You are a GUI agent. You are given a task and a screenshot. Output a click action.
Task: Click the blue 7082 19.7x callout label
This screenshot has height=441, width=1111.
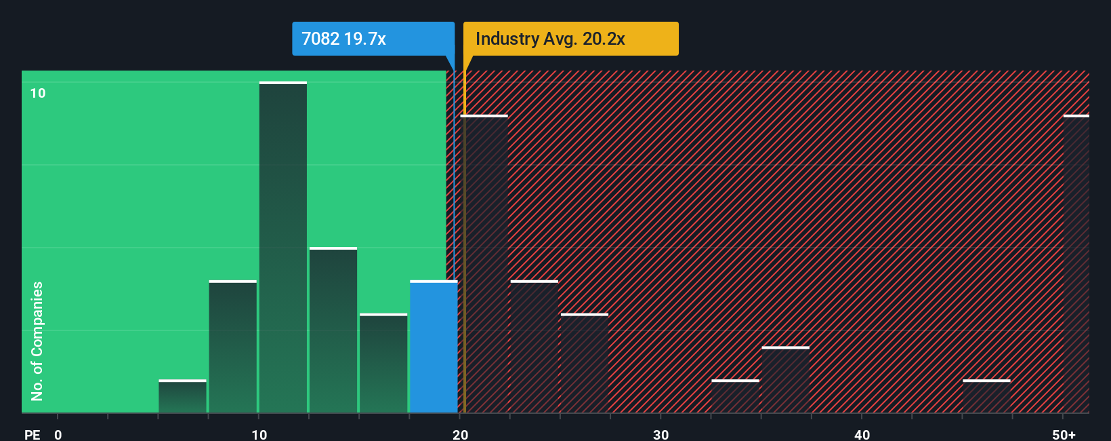click(x=373, y=39)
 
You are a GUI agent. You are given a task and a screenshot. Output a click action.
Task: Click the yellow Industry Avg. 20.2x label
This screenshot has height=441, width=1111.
click(x=570, y=39)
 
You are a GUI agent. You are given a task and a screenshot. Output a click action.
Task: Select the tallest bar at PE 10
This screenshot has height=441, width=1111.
click(x=283, y=248)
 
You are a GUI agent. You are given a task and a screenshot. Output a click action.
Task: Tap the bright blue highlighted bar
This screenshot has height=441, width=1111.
click(x=434, y=347)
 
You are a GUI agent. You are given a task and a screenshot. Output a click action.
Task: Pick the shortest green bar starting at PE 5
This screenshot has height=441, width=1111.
click(x=182, y=396)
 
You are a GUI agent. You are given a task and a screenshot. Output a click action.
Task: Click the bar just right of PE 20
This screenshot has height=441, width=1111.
click(x=484, y=264)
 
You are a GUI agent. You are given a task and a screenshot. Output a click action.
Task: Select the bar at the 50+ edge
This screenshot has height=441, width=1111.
click(x=1076, y=264)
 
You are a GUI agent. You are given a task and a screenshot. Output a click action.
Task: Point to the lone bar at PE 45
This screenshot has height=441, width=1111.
click(x=986, y=396)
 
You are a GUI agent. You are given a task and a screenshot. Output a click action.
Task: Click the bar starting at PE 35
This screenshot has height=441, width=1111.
click(x=785, y=380)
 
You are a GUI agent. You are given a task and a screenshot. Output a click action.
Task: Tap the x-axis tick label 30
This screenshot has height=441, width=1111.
click(x=661, y=434)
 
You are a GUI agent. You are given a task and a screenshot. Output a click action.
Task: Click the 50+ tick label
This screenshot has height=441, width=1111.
click(x=1064, y=434)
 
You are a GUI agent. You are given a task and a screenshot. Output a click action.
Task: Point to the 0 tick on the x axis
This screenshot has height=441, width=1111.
click(x=58, y=434)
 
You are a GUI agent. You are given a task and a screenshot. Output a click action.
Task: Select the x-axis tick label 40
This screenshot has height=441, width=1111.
click(x=862, y=434)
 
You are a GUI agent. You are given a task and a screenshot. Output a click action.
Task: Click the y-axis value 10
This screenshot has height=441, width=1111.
click(x=38, y=93)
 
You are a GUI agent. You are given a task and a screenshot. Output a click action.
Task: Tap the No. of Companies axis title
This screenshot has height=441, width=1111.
click(x=37, y=341)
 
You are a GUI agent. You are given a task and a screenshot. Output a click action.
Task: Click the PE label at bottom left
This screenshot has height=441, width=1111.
click(x=32, y=434)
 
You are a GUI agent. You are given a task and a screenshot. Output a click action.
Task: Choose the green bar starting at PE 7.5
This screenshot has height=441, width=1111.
click(x=233, y=347)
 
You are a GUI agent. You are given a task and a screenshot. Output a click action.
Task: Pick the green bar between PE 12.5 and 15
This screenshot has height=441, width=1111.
click(x=333, y=330)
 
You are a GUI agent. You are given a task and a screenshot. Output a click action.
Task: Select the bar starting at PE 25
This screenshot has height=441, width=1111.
click(x=585, y=363)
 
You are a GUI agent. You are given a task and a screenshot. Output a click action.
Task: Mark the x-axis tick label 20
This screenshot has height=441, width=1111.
click(x=460, y=434)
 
